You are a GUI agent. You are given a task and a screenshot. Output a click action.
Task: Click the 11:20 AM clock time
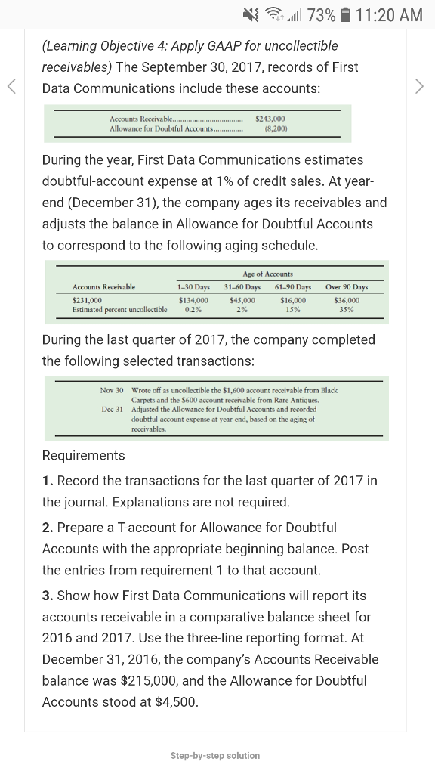[389, 14]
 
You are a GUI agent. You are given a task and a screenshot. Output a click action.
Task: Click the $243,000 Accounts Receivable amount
[270, 119]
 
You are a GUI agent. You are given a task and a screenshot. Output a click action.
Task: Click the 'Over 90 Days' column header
[347, 287]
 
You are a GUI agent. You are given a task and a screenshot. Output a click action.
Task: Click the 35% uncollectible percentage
[347, 310]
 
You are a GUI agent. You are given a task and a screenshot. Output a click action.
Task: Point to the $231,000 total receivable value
[88, 300]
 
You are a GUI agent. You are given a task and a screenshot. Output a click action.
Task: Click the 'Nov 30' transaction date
[111, 390]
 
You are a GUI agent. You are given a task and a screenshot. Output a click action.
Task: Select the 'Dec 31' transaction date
[111, 409]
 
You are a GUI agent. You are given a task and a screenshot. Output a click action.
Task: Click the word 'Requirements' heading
[83, 455]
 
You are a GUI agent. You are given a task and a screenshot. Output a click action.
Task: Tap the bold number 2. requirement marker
[47, 527]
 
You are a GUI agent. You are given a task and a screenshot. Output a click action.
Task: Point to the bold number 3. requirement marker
[47, 596]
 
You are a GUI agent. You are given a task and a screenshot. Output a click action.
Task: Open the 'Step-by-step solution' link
[215, 755]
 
